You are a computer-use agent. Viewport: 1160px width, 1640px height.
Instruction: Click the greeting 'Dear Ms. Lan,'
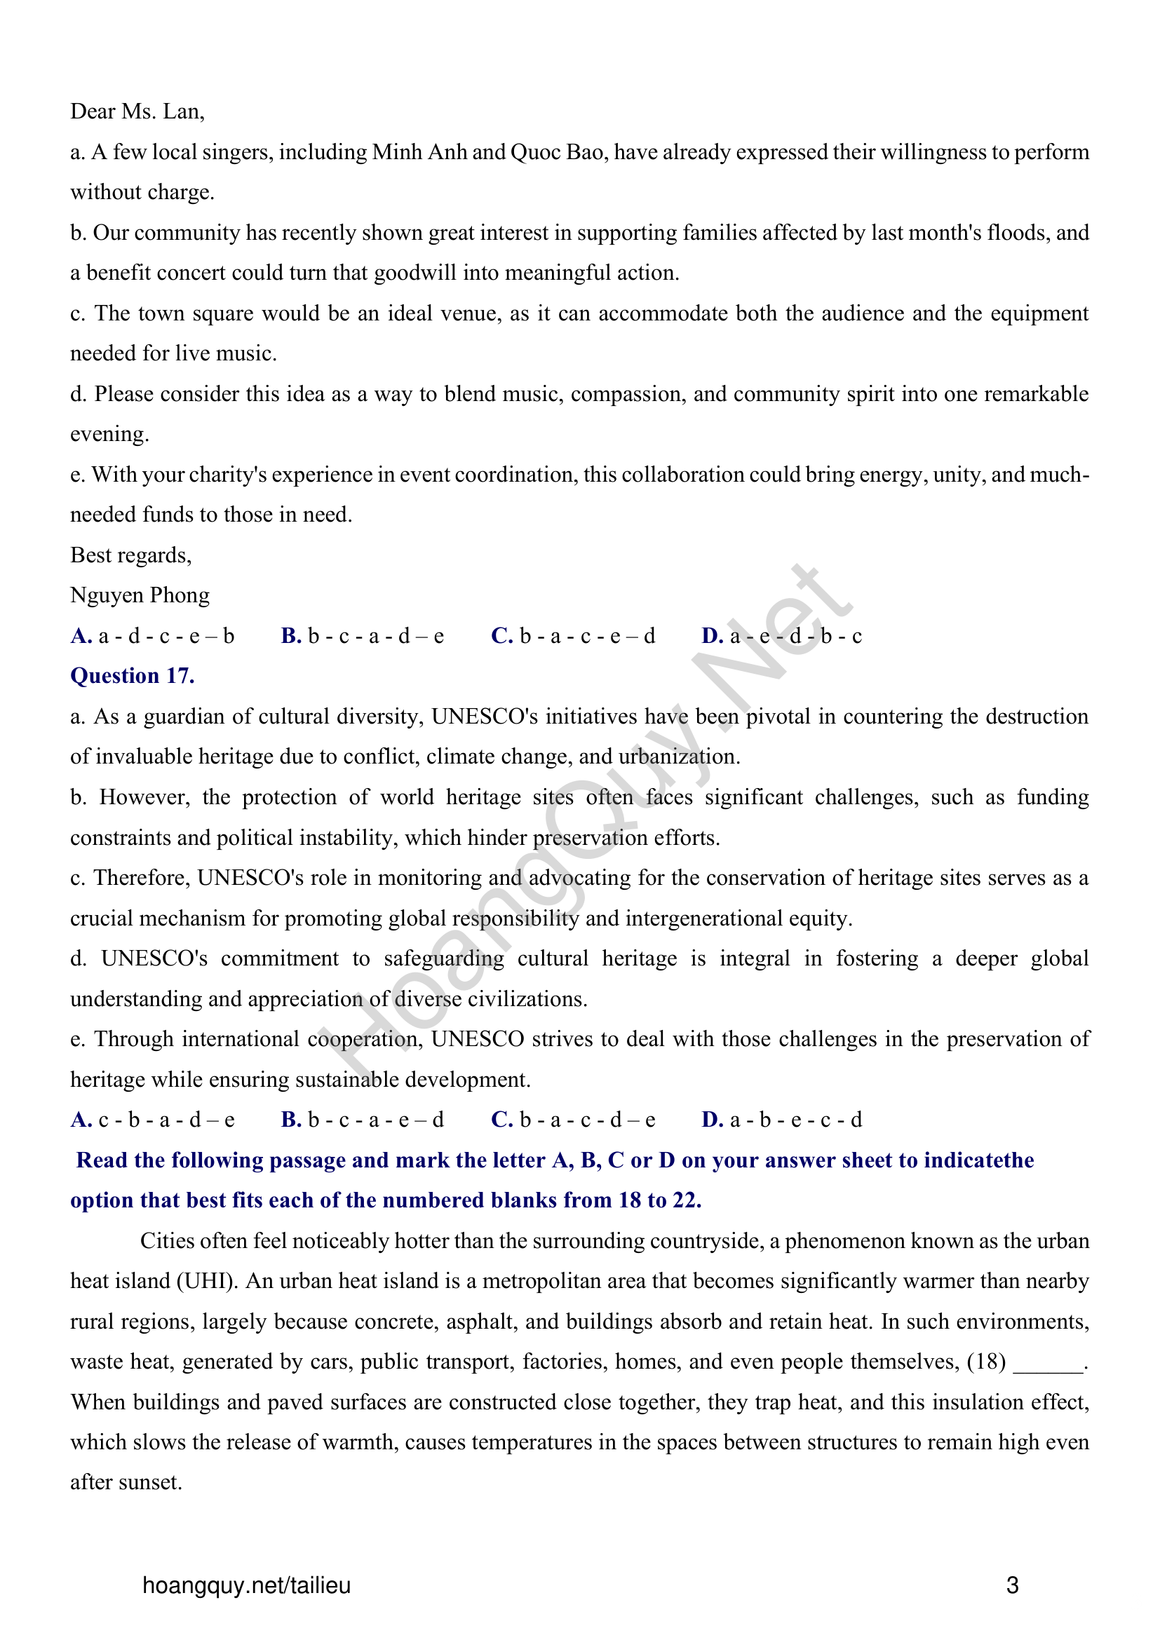pos(137,111)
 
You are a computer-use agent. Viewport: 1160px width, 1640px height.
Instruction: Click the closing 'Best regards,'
pos(130,555)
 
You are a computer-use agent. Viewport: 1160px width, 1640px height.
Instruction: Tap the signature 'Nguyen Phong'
pos(140,595)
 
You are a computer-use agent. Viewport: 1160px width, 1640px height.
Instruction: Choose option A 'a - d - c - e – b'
pos(153,636)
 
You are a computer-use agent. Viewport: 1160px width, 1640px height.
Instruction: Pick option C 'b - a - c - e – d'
pos(573,636)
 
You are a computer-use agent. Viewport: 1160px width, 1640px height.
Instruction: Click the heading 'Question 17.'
pos(132,676)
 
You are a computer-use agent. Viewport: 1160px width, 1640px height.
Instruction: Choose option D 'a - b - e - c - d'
pos(782,1119)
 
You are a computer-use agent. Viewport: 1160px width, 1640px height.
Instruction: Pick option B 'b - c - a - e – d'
pos(363,1119)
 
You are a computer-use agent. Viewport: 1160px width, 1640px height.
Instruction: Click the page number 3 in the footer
pos(1012,1585)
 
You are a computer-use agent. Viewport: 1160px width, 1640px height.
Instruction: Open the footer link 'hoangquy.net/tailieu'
pos(246,1585)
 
